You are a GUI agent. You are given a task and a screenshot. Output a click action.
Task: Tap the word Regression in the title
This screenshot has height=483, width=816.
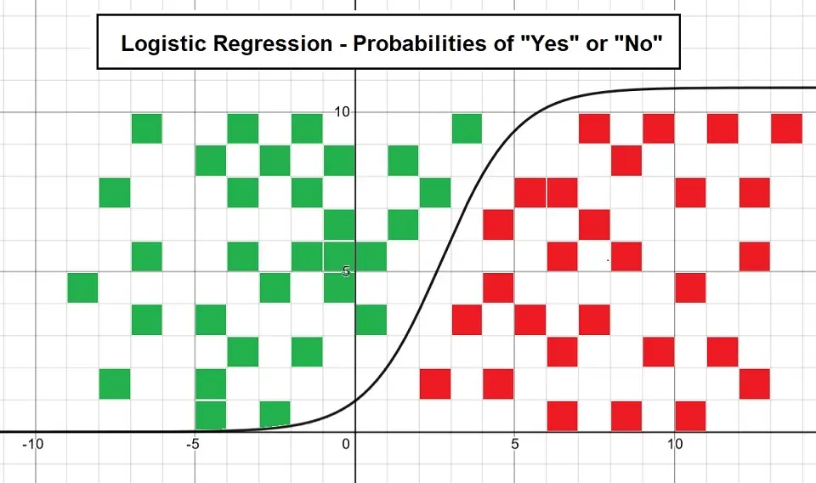[x=273, y=43]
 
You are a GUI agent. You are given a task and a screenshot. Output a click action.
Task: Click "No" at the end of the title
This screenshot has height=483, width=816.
[x=638, y=43]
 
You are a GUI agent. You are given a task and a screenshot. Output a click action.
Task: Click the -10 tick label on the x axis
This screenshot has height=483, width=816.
[x=32, y=444]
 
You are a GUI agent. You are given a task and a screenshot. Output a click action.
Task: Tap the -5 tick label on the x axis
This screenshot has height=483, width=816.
[x=193, y=444]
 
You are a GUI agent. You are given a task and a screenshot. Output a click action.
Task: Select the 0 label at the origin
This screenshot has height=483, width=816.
[x=346, y=444]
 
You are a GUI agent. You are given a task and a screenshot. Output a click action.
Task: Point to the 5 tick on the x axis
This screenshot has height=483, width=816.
[x=515, y=444]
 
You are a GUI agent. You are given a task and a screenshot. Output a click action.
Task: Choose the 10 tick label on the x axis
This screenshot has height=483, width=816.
[x=675, y=444]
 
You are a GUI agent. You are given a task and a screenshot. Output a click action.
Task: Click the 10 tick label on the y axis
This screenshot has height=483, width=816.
[x=343, y=111]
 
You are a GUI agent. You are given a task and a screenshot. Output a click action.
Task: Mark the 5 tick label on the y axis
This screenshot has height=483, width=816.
[x=346, y=271]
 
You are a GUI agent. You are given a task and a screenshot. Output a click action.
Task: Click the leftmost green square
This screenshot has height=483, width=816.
[x=82, y=287]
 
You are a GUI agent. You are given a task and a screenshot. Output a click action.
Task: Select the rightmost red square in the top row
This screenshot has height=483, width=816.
[x=786, y=128]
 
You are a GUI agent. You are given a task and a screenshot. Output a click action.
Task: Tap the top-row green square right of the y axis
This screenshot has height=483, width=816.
[x=467, y=128]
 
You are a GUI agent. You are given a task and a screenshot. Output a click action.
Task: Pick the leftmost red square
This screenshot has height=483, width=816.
[x=435, y=384]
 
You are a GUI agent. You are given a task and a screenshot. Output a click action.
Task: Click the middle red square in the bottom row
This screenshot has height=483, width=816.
[x=626, y=416]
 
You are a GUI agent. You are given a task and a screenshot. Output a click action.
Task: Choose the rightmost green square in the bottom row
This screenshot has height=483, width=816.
[x=275, y=415]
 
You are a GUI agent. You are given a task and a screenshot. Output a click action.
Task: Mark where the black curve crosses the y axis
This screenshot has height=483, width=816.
[x=355, y=401]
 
